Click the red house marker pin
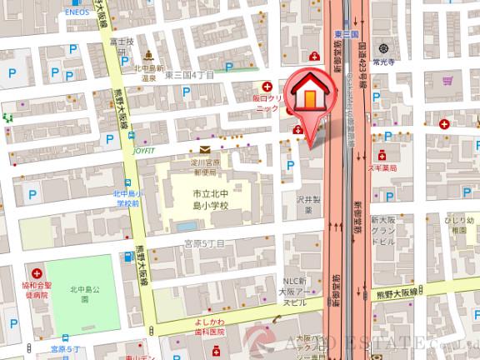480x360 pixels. [x=308, y=98]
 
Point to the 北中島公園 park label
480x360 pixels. [x=85, y=297]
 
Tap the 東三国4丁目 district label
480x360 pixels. [x=191, y=75]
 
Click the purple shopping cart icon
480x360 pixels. [x=447, y=82]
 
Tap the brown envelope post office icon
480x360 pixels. [x=205, y=148]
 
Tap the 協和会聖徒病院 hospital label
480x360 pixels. [x=36, y=287]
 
